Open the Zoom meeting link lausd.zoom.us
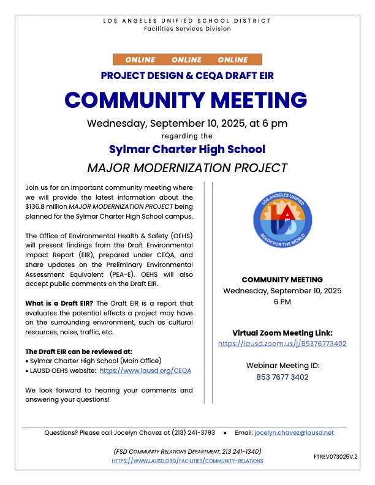pyautogui.click(x=282, y=344)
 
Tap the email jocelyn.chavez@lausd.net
pyautogui.click(x=294, y=432)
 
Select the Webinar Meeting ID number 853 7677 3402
pyautogui.click(x=282, y=377)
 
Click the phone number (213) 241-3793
pyautogui.click(x=194, y=432)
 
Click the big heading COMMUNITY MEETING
pyautogui.click(x=187, y=99)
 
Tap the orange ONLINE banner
pyautogui.click(x=187, y=60)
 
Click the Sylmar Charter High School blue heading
pyautogui.click(x=187, y=149)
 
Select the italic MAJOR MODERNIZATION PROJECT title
pyautogui.click(x=187, y=167)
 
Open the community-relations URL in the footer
pyautogui.click(x=187, y=460)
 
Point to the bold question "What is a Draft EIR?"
pyautogui.click(x=59, y=303)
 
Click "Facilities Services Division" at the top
pyautogui.click(x=187, y=29)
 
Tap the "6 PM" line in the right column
pyautogui.click(x=282, y=302)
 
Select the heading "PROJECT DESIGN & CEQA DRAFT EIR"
pyautogui.click(x=187, y=75)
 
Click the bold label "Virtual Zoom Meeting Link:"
pyautogui.click(x=282, y=333)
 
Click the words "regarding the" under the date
pyautogui.click(x=187, y=136)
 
